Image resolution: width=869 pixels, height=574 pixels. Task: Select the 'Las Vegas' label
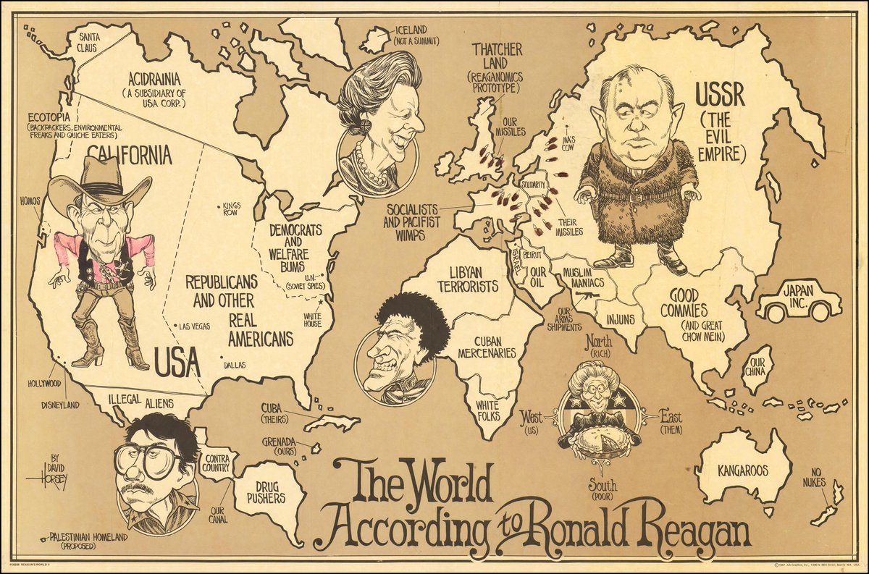point(195,326)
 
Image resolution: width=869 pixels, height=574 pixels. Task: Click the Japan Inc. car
point(798,300)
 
